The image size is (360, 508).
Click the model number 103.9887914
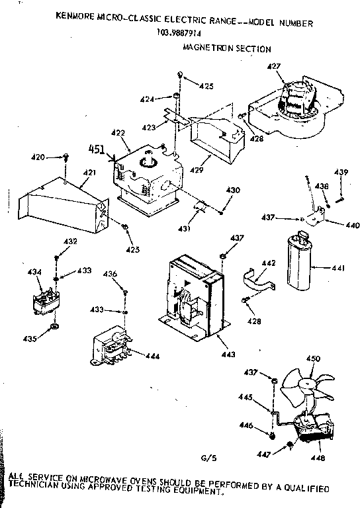coord(180,33)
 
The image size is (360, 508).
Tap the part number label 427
coord(273,65)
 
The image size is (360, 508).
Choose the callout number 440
coord(352,226)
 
